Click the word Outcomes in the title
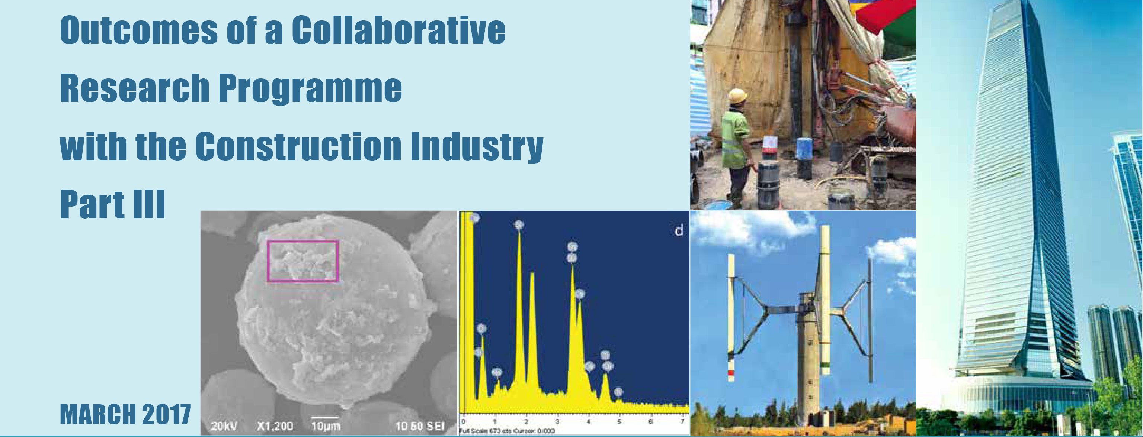tap(138, 30)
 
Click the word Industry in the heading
tap(477, 146)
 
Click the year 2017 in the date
tap(166, 415)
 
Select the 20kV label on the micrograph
tap(224, 426)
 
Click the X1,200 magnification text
tap(275, 426)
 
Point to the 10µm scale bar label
tap(325, 426)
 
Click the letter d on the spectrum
tap(678, 230)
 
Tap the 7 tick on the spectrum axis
tap(682, 421)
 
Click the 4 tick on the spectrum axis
tap(588, 421)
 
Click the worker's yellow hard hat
tap(737, 95)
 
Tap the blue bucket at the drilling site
tap(804, 148)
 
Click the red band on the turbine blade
tap(730, 373)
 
